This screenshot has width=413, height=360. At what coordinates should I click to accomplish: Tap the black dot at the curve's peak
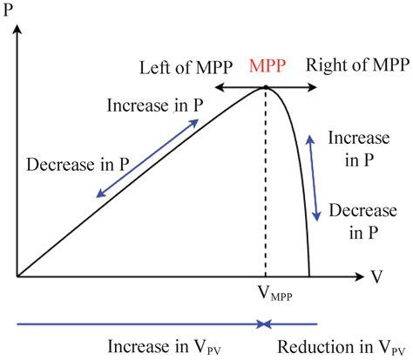[x=265, y=86]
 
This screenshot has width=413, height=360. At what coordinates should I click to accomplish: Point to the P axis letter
[x=14, y=11]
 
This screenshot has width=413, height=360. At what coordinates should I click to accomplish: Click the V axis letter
[x=377, y=276]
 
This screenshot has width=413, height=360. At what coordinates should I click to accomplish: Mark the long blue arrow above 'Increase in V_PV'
[x=139, y=324]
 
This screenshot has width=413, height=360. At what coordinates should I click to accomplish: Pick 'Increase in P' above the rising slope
[x=155, y=106]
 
